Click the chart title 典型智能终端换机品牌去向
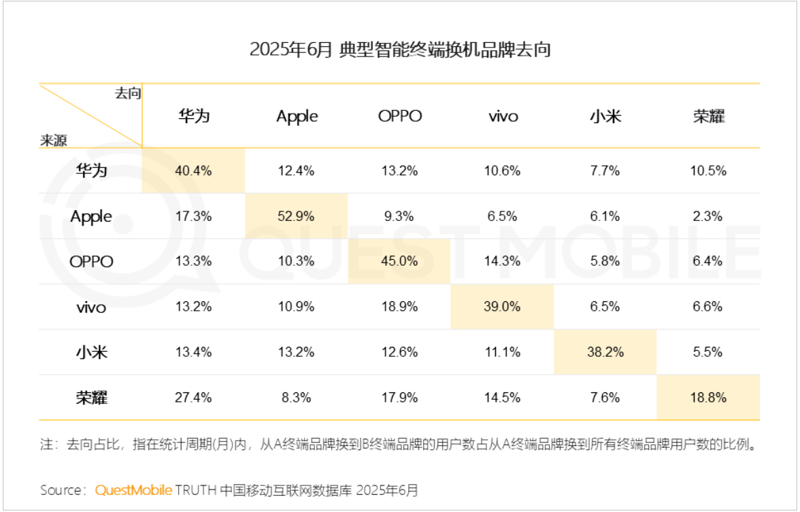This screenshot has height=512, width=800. [400, 50]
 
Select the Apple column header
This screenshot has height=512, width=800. [297, 116]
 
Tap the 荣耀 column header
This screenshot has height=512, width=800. [708, 116]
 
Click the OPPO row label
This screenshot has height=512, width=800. [91, 262]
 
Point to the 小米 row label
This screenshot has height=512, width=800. [91, 352]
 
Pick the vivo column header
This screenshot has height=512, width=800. [503, 116]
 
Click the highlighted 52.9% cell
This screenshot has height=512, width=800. [296, 216]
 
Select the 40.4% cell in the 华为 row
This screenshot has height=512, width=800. [193, 171]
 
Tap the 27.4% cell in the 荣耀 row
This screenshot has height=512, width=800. [193, 398]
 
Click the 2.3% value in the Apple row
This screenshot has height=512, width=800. [708, 216]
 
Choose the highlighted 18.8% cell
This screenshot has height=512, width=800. [708, 398]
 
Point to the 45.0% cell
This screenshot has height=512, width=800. [399, 262]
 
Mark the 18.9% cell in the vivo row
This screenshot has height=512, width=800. [399, 307]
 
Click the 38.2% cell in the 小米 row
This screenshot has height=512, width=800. [605, 352]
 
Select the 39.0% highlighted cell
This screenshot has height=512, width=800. [502, 307]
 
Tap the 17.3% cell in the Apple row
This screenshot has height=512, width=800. [193, 216]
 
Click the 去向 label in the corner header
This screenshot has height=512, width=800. [128, 94]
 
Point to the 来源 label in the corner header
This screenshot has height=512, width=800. [54, 140]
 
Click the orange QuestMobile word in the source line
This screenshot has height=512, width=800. [133, 490]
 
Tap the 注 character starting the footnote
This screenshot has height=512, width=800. [46, 446]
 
